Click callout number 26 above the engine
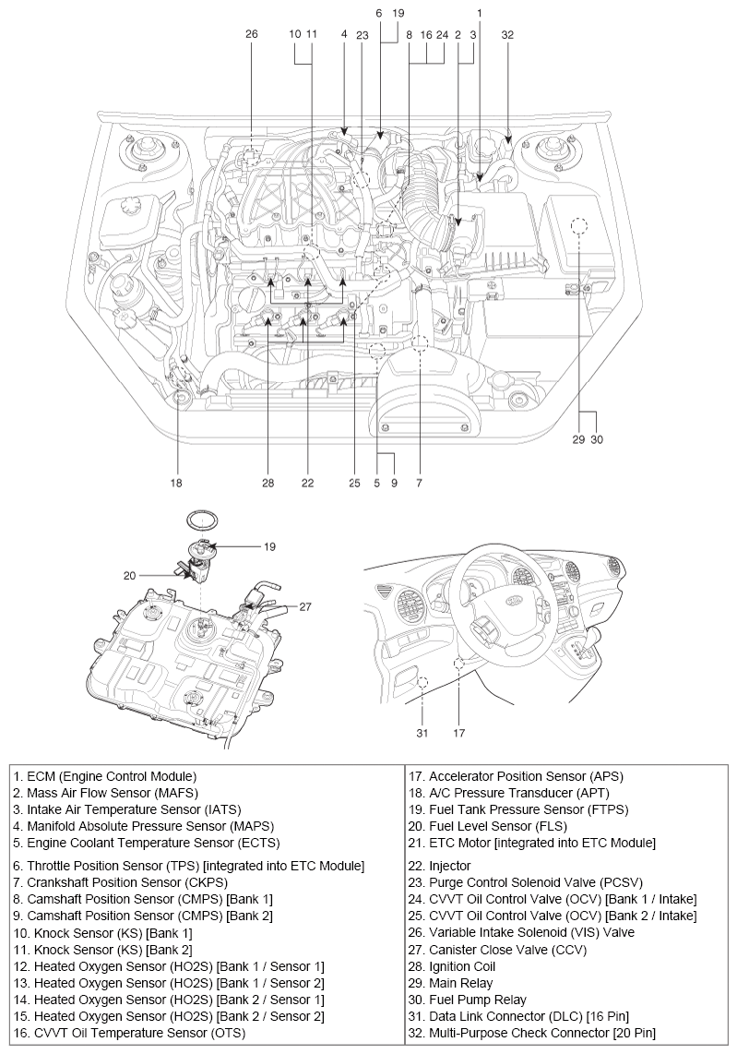point(252,34)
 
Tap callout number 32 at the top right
point(507,34)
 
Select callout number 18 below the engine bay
point(176,482)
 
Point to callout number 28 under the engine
point(268,482)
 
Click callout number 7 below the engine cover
point(420,482)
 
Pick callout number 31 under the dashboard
point(422,734)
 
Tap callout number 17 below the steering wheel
point(458,734)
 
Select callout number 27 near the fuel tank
point(305,606)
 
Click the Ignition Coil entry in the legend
point(462,966)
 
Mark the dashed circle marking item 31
point(422,683)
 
